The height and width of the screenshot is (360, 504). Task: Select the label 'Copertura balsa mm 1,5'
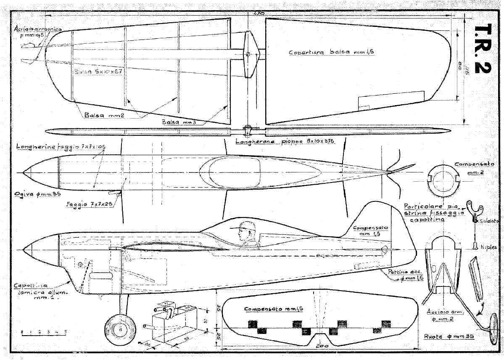[x=331, y=53]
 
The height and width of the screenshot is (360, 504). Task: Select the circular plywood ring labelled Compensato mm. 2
[x=442, y=178]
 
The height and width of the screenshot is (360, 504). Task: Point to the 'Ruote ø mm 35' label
[x=446, y=336]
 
